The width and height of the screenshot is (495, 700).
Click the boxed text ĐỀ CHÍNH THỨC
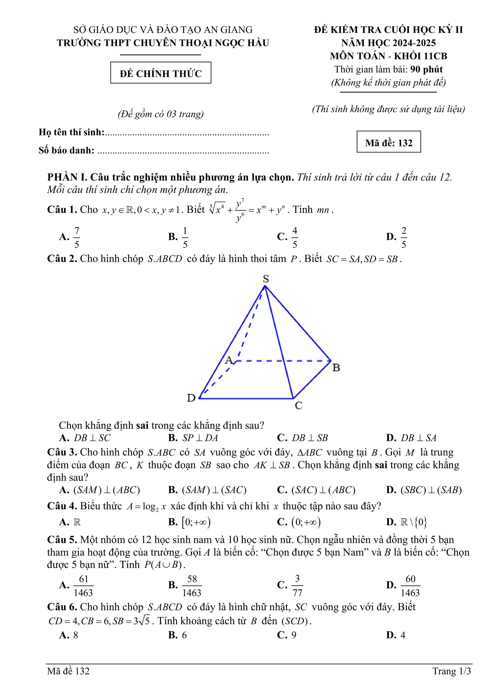[x=161, y=73]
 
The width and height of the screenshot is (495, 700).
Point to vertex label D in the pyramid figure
[x=191, y=398]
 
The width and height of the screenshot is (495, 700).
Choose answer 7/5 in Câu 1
[x=77, y=237]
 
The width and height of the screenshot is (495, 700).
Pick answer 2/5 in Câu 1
[x=403, y=237]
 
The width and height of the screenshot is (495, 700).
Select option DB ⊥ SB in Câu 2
[x=310, y=438]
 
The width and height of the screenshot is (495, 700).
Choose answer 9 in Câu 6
[x=294, y=635]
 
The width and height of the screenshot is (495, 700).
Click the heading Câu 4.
[x=62, y=506]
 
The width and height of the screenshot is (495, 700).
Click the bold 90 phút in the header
[x=426, y=69]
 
